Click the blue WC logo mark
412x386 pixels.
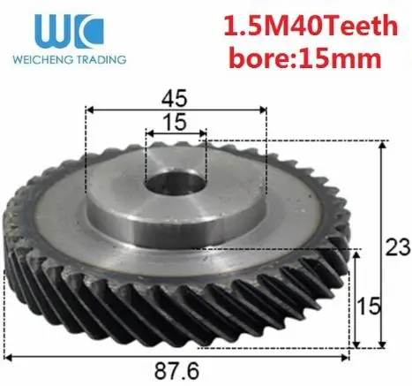tap(70, 32)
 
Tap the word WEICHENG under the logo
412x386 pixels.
tap(42, 59)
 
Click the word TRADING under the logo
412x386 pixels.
tap(101, 59)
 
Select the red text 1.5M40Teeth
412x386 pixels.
tap(311, 26)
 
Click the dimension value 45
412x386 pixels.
tap(174, 98)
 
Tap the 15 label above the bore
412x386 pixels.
tap(175, 122)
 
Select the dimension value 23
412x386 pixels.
tap(397, 247)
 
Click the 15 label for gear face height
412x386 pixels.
tap(369, 306)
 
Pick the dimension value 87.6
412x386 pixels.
tap(176, 371)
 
